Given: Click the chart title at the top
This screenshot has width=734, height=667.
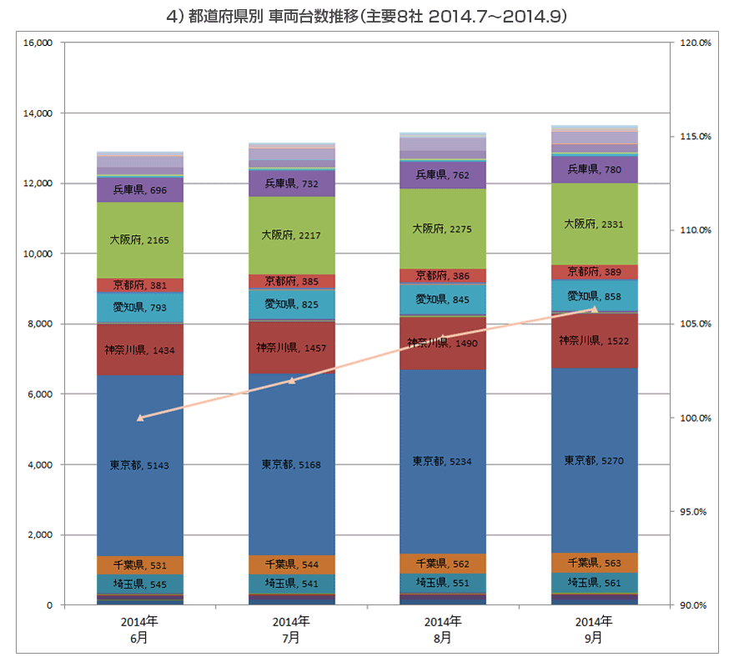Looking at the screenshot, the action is pos(366,17).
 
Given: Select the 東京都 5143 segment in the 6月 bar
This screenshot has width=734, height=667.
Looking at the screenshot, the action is pos(140,465).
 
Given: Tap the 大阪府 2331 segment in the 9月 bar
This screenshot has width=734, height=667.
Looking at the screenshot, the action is pos(595,223).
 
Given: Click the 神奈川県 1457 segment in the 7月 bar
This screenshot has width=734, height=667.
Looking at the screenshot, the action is pos(292,347).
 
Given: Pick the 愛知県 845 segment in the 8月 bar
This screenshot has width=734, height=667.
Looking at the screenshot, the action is pos(443,299).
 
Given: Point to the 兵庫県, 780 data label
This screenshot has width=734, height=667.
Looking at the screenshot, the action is pos(595,169).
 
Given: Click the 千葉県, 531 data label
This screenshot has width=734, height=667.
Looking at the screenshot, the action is pos(140,565).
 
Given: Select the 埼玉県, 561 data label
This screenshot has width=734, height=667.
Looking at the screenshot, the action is pos(595,583).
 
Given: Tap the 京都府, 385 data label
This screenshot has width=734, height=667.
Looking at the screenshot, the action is pos(292,281).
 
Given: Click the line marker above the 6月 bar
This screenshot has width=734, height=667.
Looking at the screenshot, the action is pos(140,418).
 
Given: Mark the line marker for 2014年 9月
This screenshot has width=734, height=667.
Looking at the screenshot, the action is pos(595,309).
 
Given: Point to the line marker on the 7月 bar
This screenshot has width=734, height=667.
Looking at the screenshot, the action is pos(292,381).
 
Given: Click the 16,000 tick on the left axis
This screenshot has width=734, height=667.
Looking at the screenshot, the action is pos(38,43).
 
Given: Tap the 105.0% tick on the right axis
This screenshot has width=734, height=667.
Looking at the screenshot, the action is pos(696,323).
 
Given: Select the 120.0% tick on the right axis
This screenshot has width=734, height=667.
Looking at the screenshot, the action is pos(696,43).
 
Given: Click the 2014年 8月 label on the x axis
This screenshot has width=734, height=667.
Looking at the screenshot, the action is pos(443,629).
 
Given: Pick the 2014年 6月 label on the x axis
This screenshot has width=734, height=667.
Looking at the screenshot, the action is pos(139,629).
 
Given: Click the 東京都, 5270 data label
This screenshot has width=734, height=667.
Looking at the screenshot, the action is pos(594,460).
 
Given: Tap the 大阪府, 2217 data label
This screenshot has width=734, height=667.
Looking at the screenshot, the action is pos(291,235).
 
